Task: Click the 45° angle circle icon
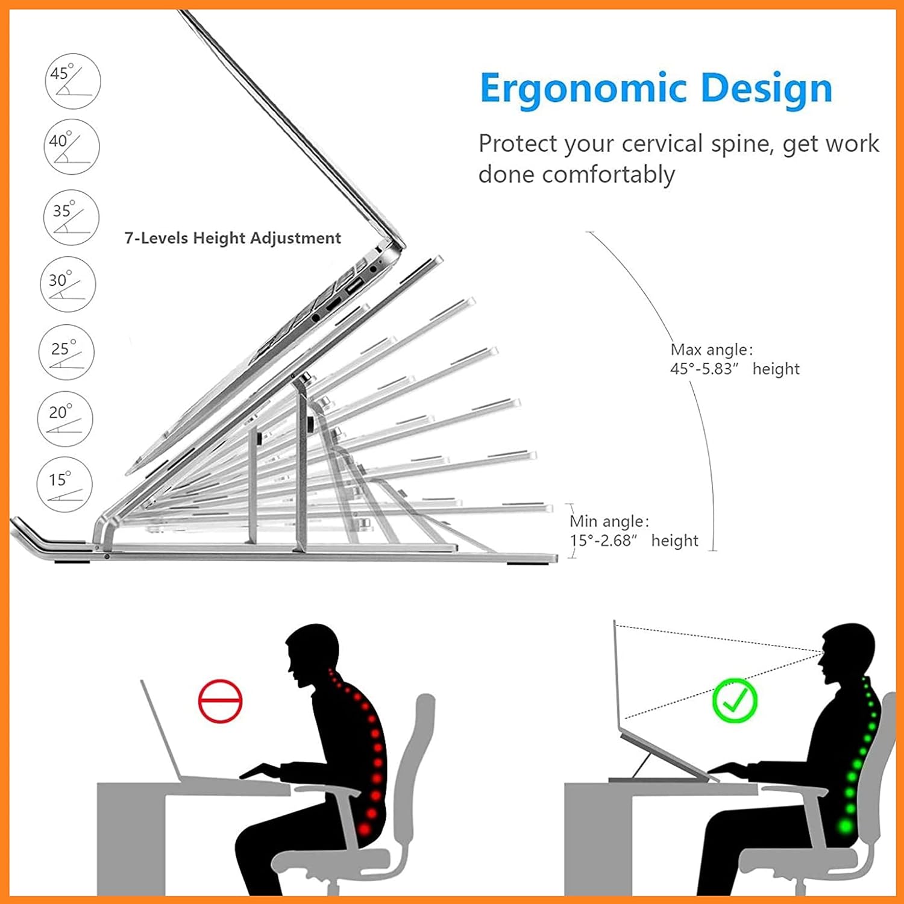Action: pyautogui.click(x=73, y=81)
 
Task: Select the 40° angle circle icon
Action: pyautogui.click(x=72, y=147)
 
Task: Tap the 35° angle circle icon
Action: pyautogui.click(x=71, y=218)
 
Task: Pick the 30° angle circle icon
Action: pyautogui.click(x=67, y=284)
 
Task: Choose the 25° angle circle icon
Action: pyautogui.click(x=66, y=353)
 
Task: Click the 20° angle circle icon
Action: pyautogui.click(x=65, y=419)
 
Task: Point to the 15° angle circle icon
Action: pyautogui.click(x=64, y=485)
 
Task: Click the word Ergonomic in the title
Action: pyautogui.click(x=583, y=89)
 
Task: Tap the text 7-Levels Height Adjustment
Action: pyautogui.click(x=233, y=238)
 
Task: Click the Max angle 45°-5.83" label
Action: pyautogui.click(x=735, y=359)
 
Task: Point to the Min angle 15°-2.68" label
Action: pyautogui.click(x=633, y=531)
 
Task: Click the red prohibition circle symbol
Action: pyautogui.click(x=220, y=701)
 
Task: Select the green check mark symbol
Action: pyautogui.click(x=735, y=700)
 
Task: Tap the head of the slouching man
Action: pyautogui.click(x=313, y=654)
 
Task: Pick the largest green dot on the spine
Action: pyautogui.click(x=846, y=825)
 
